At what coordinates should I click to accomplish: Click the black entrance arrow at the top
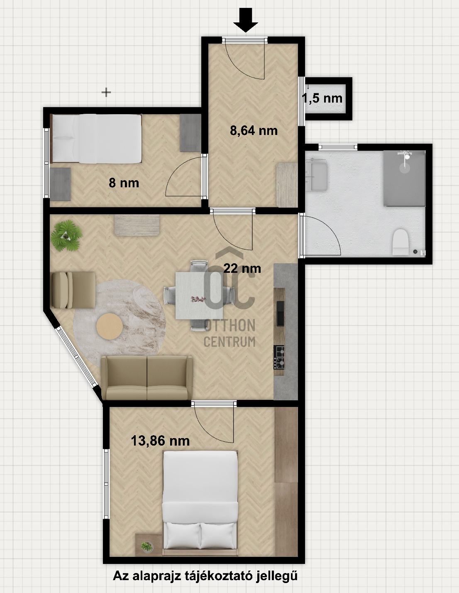pos(245,20)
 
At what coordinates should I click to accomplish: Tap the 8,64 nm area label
pos(254,130)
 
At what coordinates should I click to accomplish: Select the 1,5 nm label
pos(322,98)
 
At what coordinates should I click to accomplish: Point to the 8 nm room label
pos(124,183)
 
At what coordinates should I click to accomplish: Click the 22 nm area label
pos(242,268)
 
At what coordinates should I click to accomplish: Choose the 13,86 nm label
pos(160,441)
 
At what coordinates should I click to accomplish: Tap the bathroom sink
pos(318,176)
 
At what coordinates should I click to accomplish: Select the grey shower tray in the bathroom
pos(404,178)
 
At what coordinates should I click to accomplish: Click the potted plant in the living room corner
pos(66,236)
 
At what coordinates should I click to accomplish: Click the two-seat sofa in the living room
pos(147,377)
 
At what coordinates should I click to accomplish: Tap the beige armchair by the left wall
pos(73,290)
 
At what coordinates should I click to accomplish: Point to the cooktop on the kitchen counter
pos(279,357)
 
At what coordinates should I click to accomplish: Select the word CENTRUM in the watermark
pos(229,342)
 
